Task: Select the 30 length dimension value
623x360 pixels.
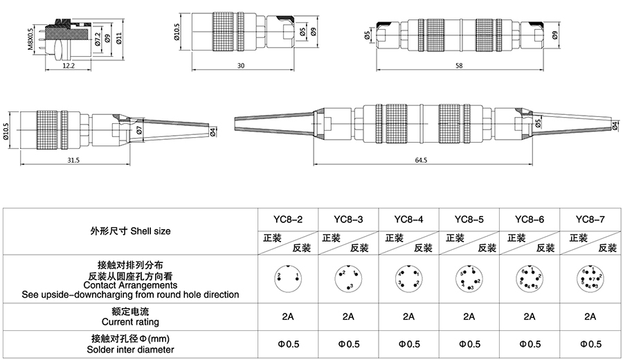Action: pos(240,66)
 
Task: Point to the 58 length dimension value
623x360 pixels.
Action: pos(460,65)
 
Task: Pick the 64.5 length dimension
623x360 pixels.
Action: pos(421,160)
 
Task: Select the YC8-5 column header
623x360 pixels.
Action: pos(469,219)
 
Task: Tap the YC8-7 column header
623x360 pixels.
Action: pos(590,219)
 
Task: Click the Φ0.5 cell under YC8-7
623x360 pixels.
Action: pos(590,343)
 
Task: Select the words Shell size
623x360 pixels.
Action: pos(150,231)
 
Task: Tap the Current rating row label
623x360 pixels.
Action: pos(130,322)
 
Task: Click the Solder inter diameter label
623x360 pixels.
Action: pos(130,349)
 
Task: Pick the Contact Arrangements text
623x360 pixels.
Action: pos(130,285)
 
